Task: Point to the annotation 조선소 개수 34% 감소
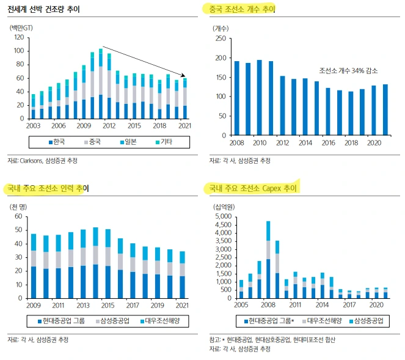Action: coord(347,71)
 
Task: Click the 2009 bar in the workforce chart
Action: coord(34,266)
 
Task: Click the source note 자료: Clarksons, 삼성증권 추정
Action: coord(42,161)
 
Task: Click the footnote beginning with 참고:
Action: coord(272,340)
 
